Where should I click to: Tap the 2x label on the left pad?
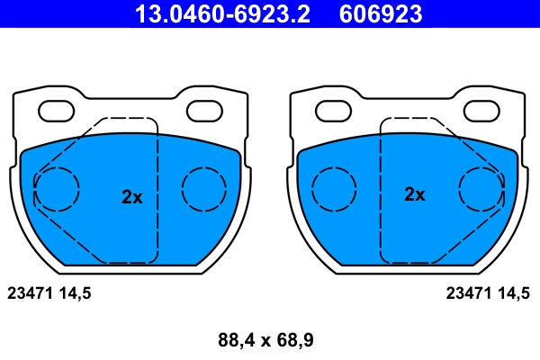tap(132, 197)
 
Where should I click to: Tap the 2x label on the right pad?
tap(415, 194)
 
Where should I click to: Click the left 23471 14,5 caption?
tap(49, 292)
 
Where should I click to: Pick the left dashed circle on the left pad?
tap(56, 189)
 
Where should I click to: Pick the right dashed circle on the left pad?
tap(204, 189)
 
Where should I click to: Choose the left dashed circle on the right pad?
tap(335, 189)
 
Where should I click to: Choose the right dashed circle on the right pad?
tap(482, 189)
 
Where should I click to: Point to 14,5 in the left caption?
tap(75, 292)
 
